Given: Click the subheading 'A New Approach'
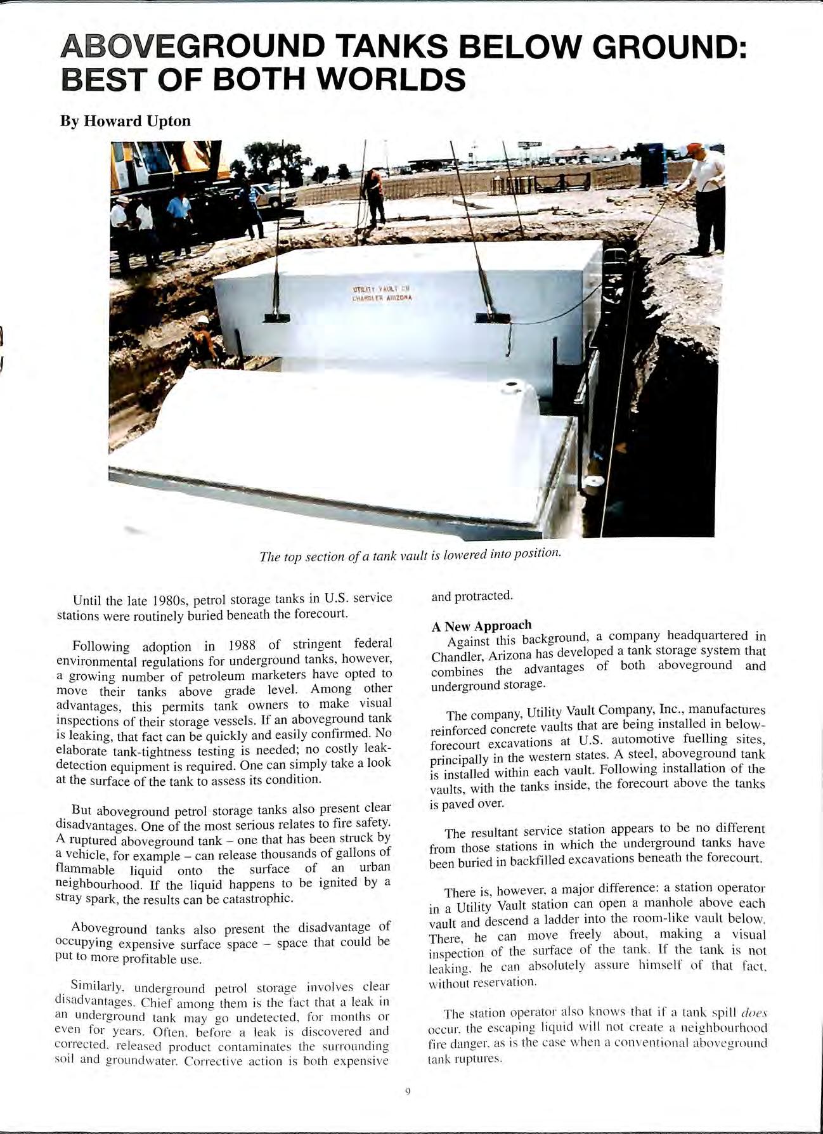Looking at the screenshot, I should [481, 626].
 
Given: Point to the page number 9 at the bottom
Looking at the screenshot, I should [408, 1091].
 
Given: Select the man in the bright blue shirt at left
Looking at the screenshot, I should [178, 219].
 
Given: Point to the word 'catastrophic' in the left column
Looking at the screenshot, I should [260, 899].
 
